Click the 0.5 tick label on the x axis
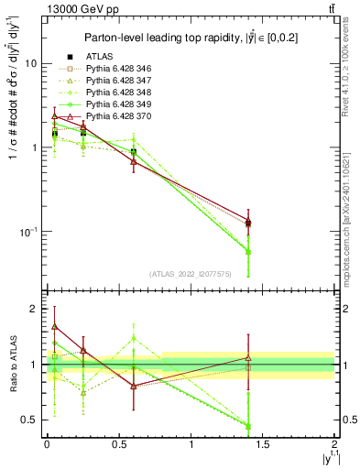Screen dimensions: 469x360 coord(119,443)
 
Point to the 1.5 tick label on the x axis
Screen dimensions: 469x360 coord(263,443)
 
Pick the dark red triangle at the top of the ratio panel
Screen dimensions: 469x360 coord(55,326)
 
